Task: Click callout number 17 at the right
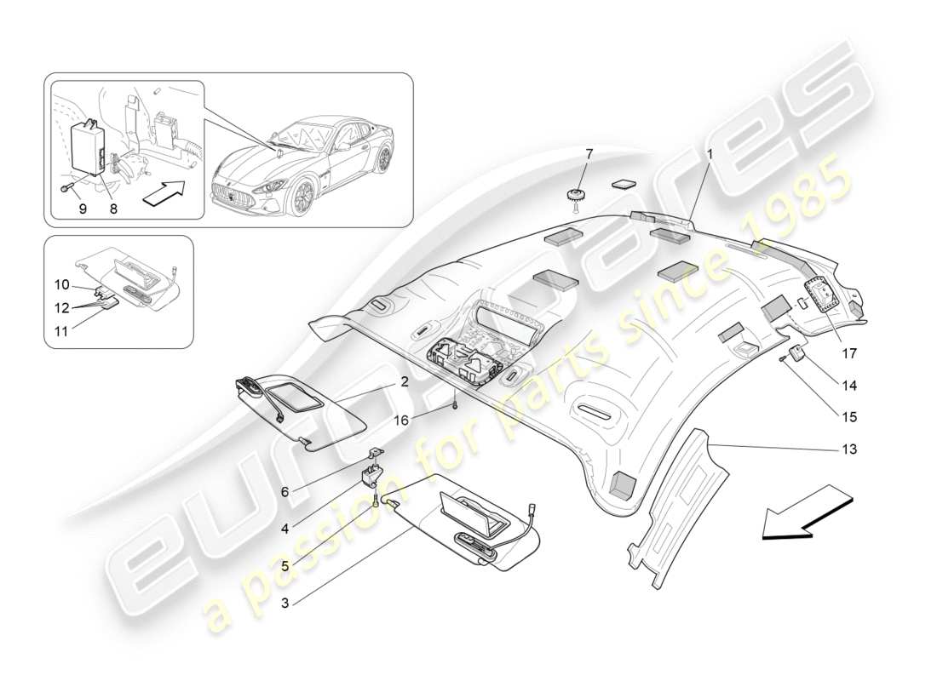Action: (848, 352)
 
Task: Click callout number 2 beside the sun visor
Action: (404, 383)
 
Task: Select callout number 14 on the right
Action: (848, 386)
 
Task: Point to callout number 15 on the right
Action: (848, 417)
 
